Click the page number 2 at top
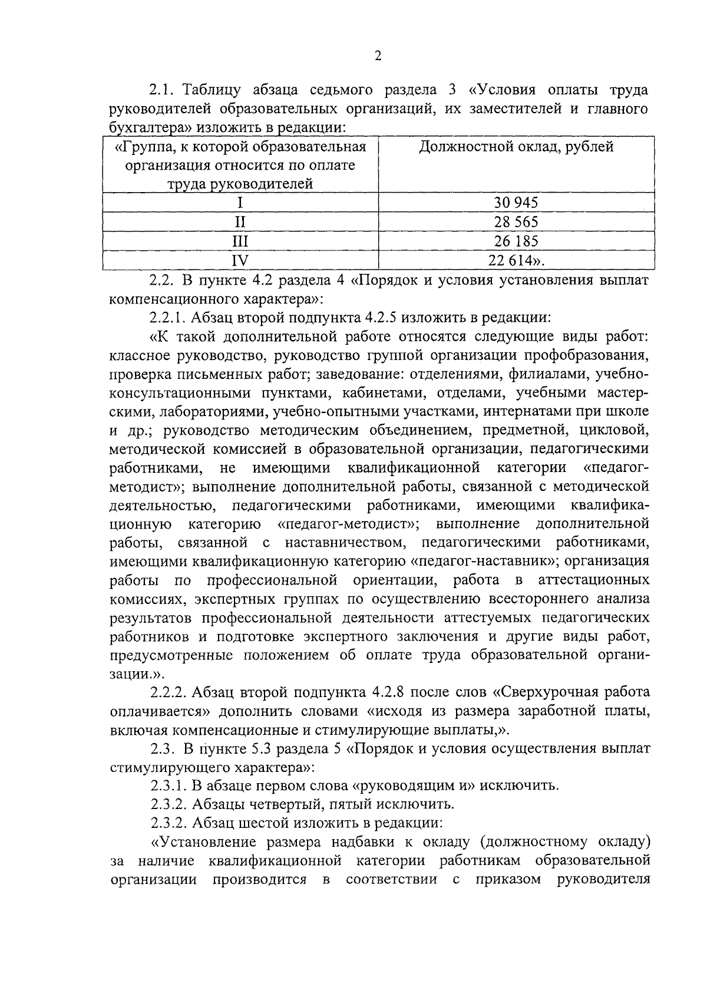pyautogui.click(x=378, y=56)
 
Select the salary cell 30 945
pyautogui.click(x=516, y=203)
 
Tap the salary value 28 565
pyautogui.click(x=516, y=222)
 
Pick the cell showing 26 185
pyautogui.click(x=516, y=242)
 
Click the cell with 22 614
pyautogui.click(x=516, y=260)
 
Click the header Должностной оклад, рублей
pyautogui.click(x=516, y=147)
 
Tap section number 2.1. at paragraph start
pyautogui.click(x=163, y=90)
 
